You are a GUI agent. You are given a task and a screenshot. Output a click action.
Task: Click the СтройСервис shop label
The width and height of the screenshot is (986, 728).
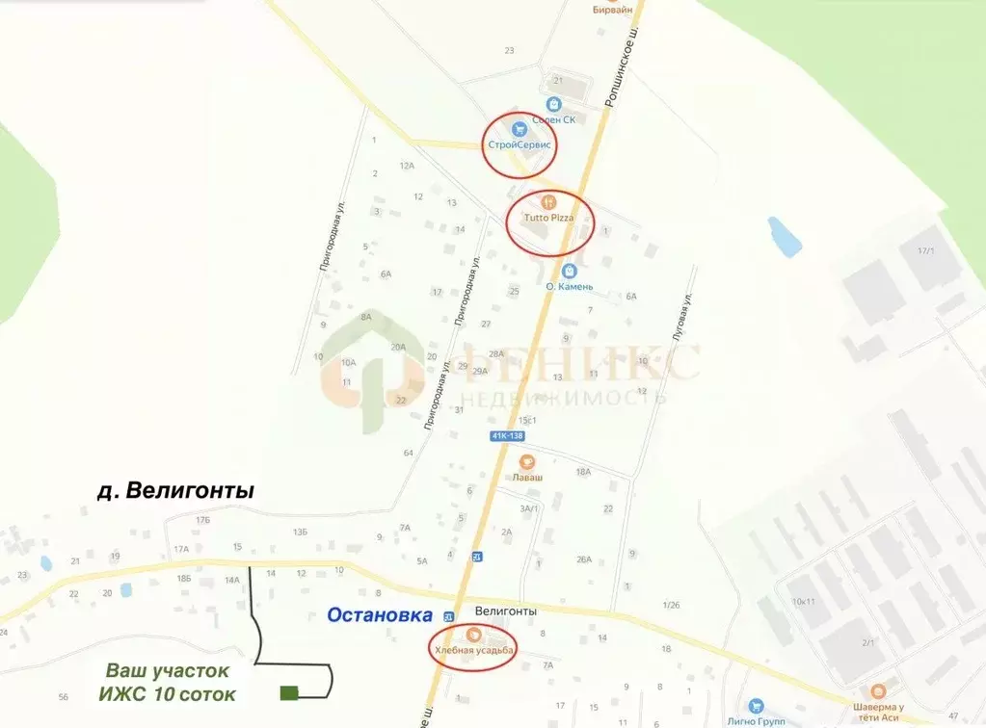[x=520, y=143]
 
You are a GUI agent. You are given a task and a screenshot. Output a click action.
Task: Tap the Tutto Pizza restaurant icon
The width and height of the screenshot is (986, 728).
[x=547, y=202]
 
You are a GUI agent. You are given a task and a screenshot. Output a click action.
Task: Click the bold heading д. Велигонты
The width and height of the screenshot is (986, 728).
[x=175, y=491]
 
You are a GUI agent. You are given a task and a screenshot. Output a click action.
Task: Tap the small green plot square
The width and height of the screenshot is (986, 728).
[x=288, y=692]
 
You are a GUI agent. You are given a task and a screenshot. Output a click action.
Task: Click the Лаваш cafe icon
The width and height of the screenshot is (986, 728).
[x=526, y=462]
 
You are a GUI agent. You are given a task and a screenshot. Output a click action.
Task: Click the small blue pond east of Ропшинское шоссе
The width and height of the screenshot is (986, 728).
[x=784, y=237]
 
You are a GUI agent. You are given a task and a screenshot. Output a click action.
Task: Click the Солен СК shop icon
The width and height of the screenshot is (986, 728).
[x=554, y=104]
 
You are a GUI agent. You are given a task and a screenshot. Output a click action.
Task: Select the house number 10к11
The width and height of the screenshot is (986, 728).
[x=804, y=602]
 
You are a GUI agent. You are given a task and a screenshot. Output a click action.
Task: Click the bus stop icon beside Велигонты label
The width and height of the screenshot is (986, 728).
[x=447, y=614]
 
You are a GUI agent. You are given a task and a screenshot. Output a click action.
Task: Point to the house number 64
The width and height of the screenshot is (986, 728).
[x=409, y=453]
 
